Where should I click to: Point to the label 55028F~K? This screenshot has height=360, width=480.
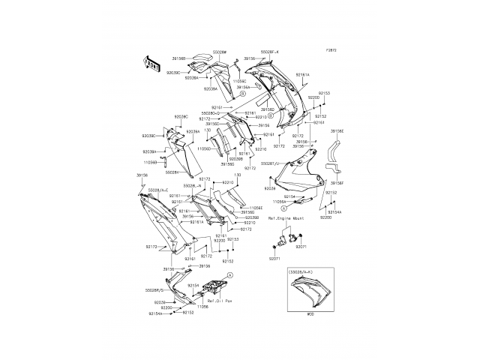pyautogui.click(x=269, y=52)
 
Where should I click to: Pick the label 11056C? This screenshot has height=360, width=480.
pyautogui.click(x=239, y=79)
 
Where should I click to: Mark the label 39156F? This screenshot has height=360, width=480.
pyautogui.click(x=337, y=181)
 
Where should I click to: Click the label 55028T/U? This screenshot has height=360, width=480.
pyautogui.click(x=270, y=162)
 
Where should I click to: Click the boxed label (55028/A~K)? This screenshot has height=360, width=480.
pyautogui.click(x=304, y=274)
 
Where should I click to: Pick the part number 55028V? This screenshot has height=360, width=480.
pyautogui.click(x=172, y=172)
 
